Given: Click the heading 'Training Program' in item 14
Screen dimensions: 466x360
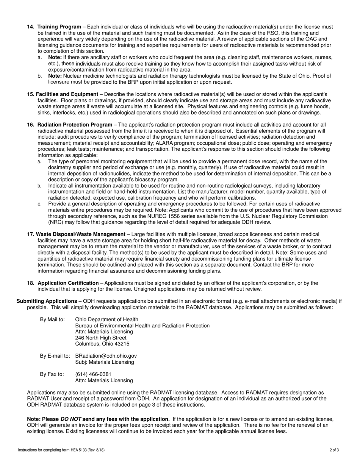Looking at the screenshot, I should pos(59,27).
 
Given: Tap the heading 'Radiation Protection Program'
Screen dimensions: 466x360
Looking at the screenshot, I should pos(75,125).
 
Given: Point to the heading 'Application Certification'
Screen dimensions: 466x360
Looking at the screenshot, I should pos(68,283).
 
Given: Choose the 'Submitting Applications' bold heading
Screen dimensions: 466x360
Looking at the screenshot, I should pos(47,301).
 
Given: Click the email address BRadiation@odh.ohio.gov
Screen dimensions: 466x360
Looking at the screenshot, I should pos(106,356).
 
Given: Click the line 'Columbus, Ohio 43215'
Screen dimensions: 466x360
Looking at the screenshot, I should pos(102,344).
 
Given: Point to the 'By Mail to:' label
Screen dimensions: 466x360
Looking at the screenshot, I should pos(52,320).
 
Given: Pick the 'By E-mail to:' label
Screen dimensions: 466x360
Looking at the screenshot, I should pos(55,356).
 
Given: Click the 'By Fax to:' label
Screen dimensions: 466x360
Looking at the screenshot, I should pos(52,374).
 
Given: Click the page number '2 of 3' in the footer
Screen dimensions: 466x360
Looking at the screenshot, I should pos(334,450).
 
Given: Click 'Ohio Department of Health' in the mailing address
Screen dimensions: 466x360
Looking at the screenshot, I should pos(107,320).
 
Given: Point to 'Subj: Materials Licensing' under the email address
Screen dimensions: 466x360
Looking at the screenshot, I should pos(105,362).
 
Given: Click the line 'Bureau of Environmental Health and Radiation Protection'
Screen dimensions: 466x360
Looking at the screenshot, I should pos(142,326).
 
